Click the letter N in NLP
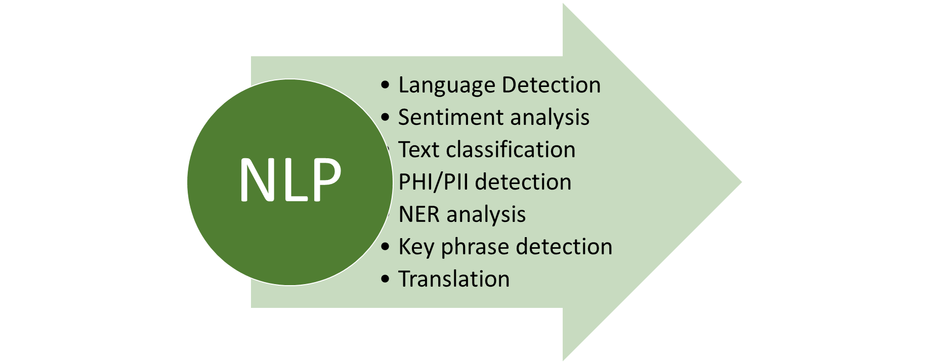[x=257, y=180]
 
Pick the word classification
[x=511, y=150]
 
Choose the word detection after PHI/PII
[x=523, y=182]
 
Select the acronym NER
[x=419, y=214]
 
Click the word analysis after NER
[x=487, y=215]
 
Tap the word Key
[x=416, y=247]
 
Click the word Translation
[x=454, y=279]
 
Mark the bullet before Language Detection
[x=386, y=85]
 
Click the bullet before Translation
[x=386, y=279]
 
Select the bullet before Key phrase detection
[x=386, y=247]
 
